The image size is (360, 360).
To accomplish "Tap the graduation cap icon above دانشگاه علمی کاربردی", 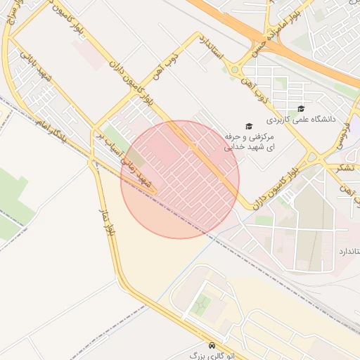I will (x=301, y=108).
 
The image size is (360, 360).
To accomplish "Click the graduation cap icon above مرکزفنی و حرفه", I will (x=249, y=124).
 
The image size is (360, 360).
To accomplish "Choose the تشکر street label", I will (x=344, y=167).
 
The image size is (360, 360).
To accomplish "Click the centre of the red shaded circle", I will (x=180, y=179).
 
